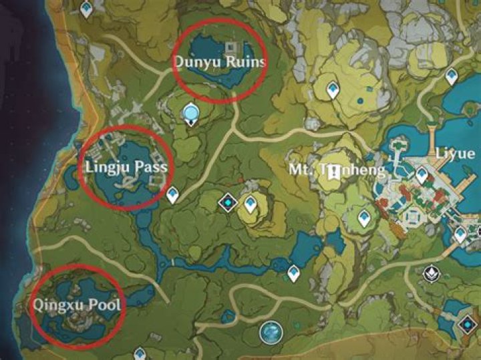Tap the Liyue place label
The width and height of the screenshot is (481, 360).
click(455, 154)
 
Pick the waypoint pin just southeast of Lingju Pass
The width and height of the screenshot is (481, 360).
click(173, 194)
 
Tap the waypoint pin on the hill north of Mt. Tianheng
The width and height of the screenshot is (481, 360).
click(333, 88)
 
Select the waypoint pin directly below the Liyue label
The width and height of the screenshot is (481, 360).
click(422, 175)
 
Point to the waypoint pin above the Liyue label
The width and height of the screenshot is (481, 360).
click(452, 75)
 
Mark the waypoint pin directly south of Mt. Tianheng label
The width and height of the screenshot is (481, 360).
click(364, 217)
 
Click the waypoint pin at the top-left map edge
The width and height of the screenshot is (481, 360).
click(86, 9)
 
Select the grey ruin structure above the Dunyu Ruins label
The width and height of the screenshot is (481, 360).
click(232, 47)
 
